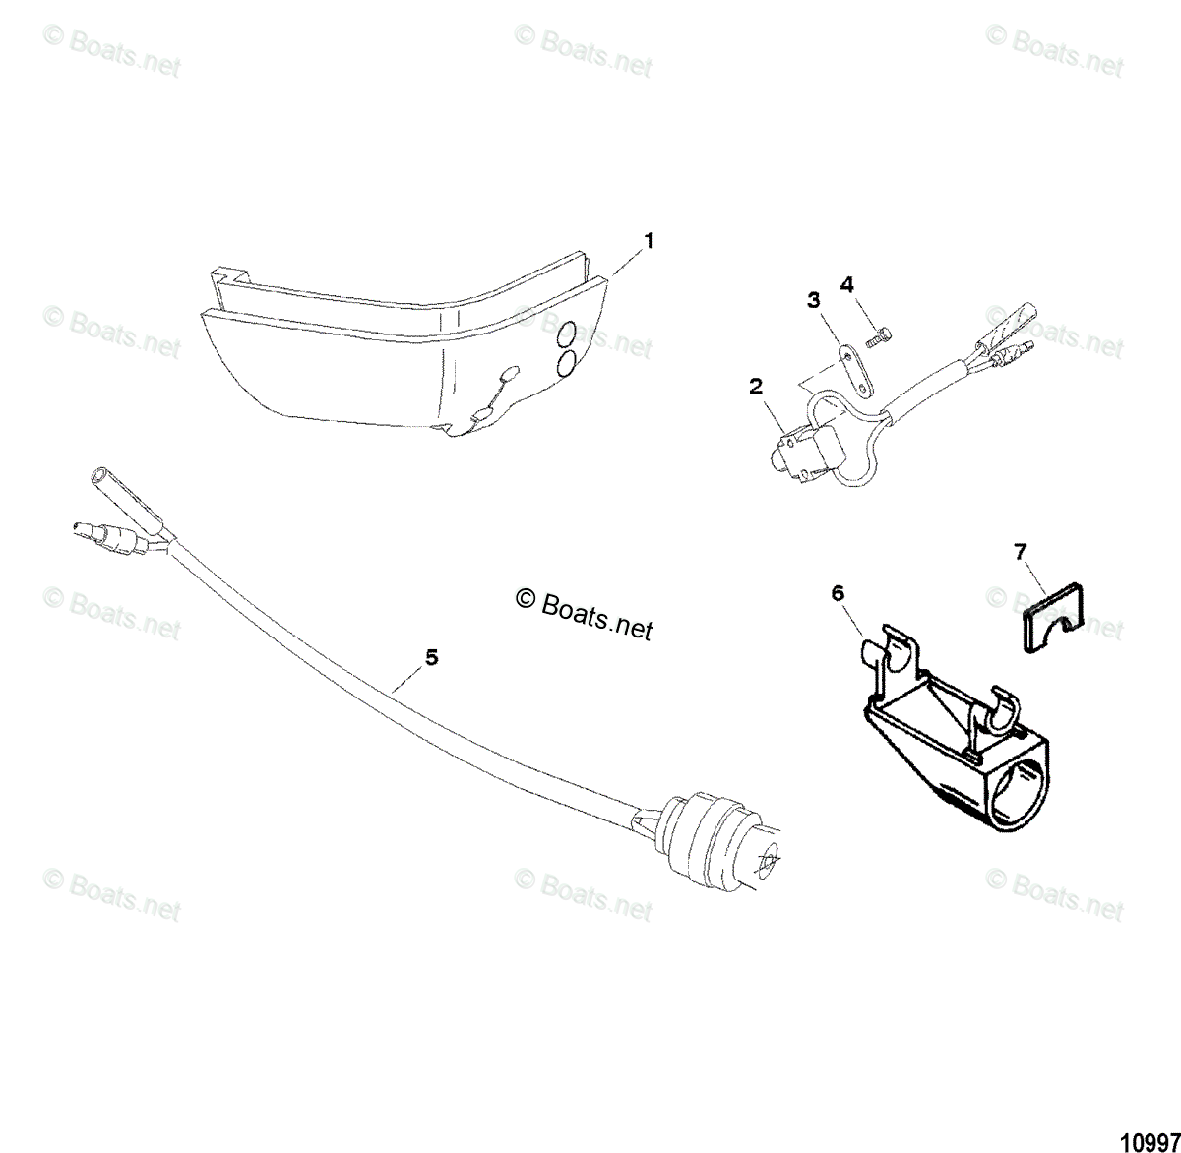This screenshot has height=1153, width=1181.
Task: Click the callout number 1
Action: click(x=649, y=239)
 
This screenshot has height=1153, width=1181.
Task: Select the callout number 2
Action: click(x=756, y=387)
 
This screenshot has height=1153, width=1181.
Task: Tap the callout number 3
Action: click(x=813, y=300)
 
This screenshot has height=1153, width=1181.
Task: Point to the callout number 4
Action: click(x=847, y=284)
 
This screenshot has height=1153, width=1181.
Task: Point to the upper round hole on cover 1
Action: click(x=568, y=336)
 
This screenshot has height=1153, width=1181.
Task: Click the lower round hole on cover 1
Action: click(x=568, y=364)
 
